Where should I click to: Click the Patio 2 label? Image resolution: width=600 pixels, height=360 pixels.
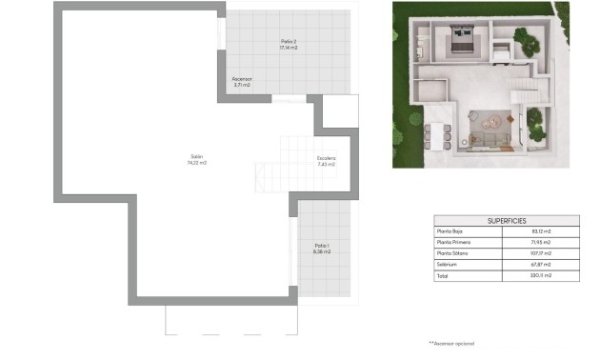[289, 41]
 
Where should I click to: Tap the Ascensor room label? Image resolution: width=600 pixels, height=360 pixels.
[242, 79]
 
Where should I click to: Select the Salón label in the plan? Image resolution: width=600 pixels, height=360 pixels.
[197, 156]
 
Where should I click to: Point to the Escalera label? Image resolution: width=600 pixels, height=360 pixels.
[327, 158]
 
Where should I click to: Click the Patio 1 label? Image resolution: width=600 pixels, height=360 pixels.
[322, 246]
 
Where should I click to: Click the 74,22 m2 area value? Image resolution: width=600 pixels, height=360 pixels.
[197, 163]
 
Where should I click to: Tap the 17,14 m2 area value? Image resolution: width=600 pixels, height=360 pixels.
[289, 48]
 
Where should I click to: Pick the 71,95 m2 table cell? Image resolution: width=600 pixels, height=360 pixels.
[541, 243]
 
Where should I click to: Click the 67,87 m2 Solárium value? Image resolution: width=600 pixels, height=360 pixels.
[541, 264]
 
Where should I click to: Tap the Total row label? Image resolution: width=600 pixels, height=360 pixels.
[442, 275]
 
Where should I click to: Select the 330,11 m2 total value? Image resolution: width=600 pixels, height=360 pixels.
[541, 275]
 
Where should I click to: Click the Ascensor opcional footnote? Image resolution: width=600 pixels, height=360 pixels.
[451, 342]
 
